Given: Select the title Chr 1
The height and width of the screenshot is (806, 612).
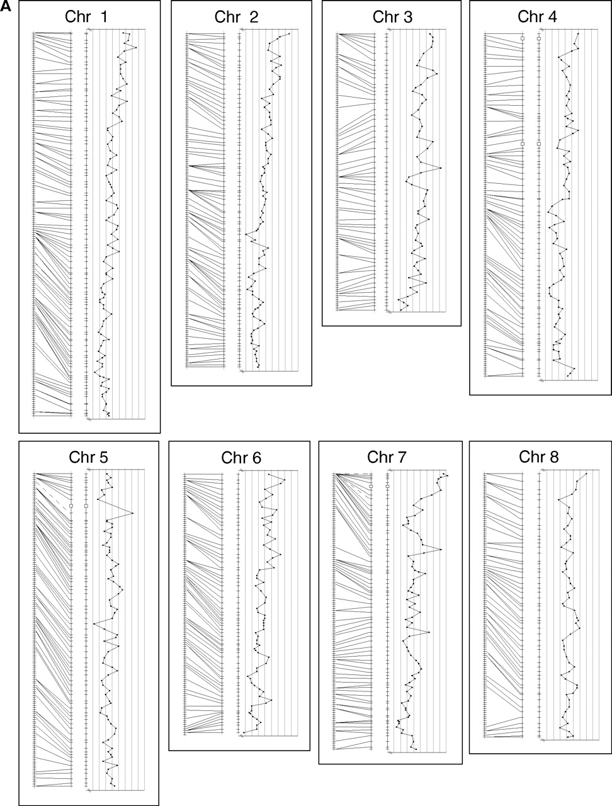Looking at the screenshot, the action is tap(86, 17).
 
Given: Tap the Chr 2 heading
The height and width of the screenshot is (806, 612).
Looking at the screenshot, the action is tap(237, 17).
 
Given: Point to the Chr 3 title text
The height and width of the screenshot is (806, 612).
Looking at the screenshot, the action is tap(392, 17).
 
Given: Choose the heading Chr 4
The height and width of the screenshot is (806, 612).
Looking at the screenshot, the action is tap(537, 16).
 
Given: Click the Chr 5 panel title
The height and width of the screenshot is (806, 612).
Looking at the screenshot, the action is tap(89, 458).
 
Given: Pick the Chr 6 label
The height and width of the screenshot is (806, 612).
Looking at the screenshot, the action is tap(241, 458).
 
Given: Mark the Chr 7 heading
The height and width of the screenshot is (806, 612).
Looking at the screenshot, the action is tap(387, 457).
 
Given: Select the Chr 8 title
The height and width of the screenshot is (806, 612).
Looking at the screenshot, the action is tap(538, 457).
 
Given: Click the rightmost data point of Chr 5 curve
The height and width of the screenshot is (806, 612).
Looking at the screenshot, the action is tap(132, 513).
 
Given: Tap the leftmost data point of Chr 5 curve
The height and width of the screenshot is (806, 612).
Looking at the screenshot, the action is tap(94, 623).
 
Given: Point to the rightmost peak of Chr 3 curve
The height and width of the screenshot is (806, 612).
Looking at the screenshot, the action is tap(441, 167).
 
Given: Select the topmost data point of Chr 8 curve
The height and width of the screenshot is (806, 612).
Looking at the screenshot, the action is tap(586, 474).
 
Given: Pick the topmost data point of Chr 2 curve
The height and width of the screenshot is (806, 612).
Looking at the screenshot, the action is tap(289, 34).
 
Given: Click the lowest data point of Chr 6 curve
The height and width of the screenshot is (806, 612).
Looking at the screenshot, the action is tap(244, 732).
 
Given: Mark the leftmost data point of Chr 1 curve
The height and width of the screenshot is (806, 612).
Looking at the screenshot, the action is tap(94, 372).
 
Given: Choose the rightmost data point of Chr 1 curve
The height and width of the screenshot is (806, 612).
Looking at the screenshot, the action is tap(137, 47).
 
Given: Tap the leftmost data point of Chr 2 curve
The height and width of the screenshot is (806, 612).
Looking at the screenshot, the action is tap(246, 234).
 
